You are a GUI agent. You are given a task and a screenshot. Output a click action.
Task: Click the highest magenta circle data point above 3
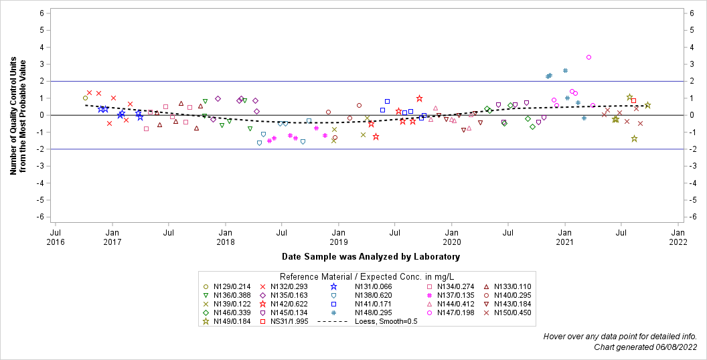click(588, 58)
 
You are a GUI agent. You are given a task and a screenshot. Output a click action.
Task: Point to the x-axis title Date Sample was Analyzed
click(371, 256)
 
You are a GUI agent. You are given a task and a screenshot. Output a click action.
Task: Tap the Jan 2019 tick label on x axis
click(338, 237)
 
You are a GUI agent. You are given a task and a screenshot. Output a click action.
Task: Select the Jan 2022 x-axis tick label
click(678, 237)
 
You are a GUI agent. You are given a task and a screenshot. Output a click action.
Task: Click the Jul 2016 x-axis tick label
click(56, 237)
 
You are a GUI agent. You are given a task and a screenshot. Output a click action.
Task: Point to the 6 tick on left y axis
click(42, 13)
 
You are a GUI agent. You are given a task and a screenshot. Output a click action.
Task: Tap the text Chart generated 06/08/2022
click(646, 347)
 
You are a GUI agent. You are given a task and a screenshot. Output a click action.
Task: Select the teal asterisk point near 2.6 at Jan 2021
click(565, 70)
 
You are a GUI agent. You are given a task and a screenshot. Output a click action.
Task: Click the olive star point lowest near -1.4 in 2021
click(634, 139)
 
